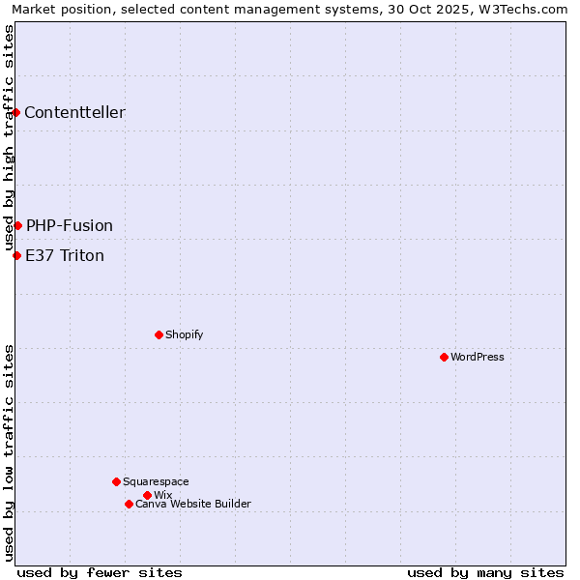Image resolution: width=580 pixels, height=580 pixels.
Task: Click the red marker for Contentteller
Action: click(16, 113)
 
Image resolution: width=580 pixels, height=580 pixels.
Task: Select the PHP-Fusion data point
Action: click(17, 225)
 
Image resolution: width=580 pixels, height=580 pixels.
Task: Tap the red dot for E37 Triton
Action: click(16, 255)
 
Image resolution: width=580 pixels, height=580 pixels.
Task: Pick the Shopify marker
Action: click(159, 334)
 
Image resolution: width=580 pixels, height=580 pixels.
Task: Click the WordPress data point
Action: click(444, 357)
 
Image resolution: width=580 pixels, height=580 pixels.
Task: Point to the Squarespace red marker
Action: click(116, 481)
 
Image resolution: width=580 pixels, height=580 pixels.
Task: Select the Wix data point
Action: click(147, 495)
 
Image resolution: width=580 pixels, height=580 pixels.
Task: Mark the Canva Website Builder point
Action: click(129, 504)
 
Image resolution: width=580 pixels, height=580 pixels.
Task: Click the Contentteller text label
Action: click(74, 113)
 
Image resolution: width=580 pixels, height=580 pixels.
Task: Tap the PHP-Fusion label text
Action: click(70, 226)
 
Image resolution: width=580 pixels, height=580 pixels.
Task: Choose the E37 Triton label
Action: click(65, 256)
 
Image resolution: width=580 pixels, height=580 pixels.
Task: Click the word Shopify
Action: click(184, 335)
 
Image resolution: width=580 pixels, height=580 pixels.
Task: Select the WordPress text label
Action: click(478, 358)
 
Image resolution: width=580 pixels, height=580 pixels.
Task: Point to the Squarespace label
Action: click(156, 482)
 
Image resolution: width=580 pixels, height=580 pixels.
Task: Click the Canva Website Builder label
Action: click(193, 505)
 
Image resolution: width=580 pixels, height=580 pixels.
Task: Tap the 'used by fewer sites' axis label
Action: click(100, 572)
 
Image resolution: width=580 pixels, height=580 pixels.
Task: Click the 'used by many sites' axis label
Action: click(485, 572)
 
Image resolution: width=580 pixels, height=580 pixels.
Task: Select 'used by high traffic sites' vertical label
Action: click(10, 137)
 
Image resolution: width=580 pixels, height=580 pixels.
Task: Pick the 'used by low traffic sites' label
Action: click(10, 452)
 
